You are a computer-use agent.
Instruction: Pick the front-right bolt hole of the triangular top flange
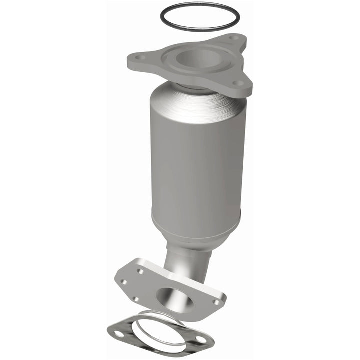239,83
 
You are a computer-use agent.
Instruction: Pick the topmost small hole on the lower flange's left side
141,271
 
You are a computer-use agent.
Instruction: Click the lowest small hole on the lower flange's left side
135,299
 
